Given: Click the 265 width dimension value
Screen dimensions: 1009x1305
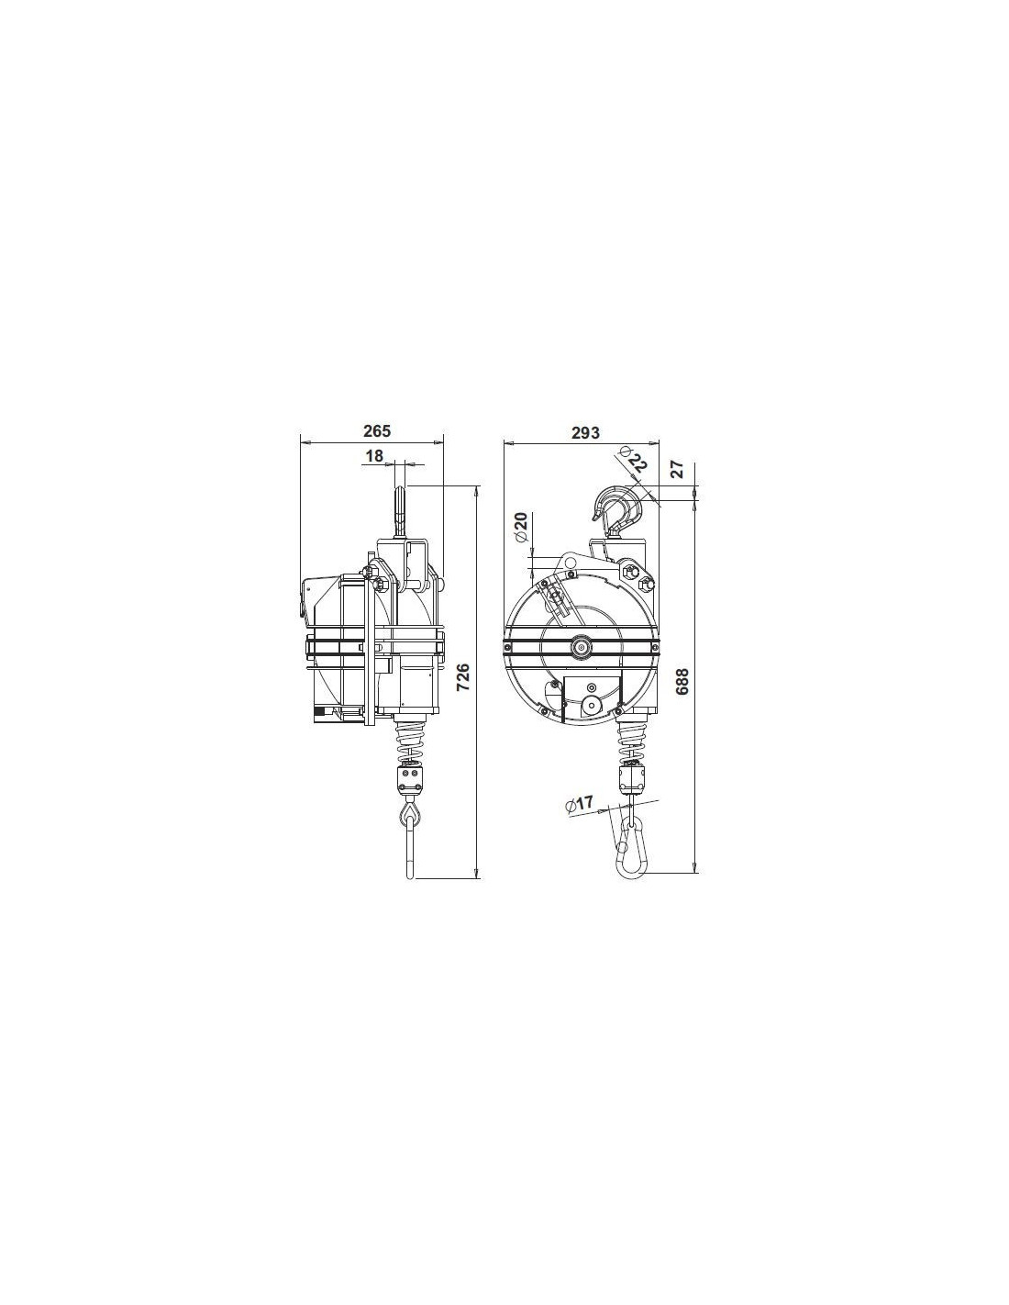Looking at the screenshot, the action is point(376,430).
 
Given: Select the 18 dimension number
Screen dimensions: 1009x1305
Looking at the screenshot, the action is point(374,456).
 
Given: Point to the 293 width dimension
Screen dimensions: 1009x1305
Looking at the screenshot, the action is point(585,432).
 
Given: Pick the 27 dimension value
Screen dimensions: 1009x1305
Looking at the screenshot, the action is point(676,469).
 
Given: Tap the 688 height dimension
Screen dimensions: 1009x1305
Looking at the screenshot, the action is point(682,682).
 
